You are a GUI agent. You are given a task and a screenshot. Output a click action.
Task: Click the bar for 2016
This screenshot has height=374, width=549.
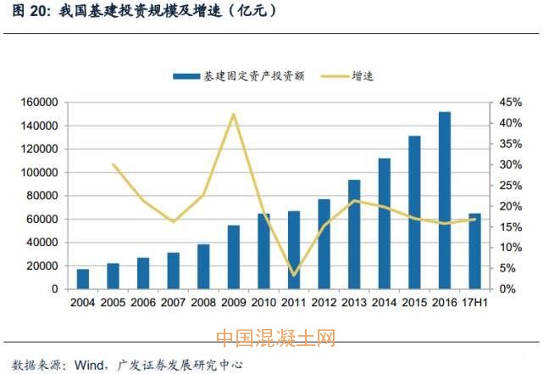445,200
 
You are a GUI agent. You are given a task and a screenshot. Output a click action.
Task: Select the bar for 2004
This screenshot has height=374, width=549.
82,279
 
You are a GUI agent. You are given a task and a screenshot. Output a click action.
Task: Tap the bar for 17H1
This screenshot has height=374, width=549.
474,251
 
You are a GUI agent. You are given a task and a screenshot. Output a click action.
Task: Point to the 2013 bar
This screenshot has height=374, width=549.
354,234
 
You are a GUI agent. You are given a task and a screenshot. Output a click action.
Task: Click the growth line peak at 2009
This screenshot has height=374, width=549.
234,114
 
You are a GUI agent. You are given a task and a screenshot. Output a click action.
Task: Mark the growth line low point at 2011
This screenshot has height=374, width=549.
294,275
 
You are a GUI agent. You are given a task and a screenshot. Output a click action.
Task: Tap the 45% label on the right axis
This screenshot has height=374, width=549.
510,103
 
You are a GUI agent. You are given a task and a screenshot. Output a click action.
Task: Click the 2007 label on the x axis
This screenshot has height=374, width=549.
173,301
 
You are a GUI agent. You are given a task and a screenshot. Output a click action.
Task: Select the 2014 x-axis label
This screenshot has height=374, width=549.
384,301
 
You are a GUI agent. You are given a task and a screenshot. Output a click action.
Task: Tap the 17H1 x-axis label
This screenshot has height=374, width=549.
474,301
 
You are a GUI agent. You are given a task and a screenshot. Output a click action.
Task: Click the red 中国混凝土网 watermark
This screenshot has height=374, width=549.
275,338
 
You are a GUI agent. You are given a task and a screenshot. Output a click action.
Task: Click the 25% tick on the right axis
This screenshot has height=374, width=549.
510,186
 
